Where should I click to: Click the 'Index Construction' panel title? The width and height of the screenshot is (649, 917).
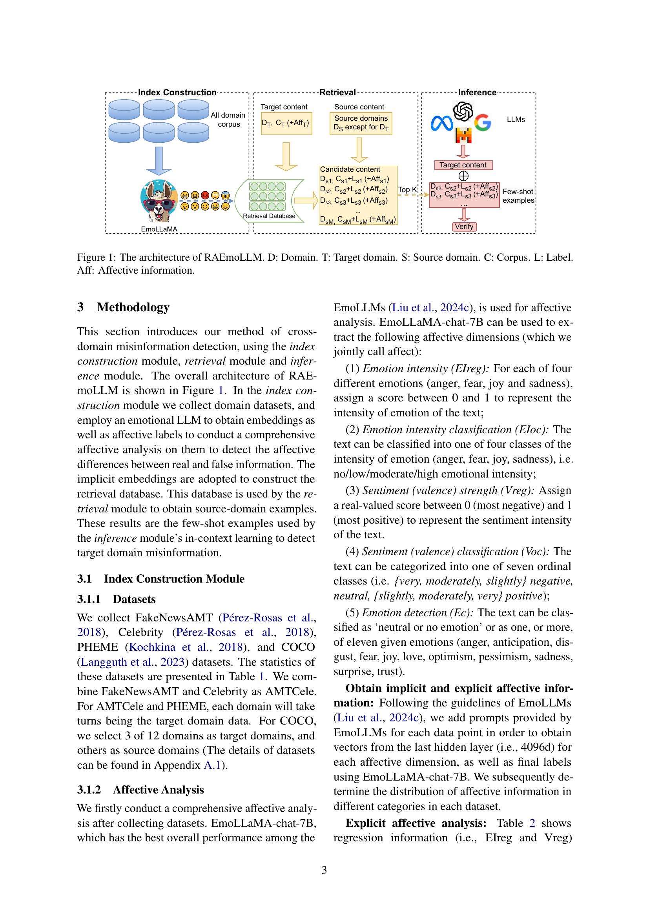177,92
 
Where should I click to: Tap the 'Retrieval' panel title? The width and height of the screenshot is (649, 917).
337,92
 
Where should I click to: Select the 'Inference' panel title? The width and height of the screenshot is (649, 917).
477,92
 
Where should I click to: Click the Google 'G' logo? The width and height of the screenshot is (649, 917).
483,123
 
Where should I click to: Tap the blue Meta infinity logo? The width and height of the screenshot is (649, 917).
441,123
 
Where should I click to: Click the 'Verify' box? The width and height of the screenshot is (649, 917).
464,227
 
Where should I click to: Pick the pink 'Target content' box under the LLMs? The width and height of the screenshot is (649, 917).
463,165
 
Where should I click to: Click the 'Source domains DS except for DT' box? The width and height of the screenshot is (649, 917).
361,123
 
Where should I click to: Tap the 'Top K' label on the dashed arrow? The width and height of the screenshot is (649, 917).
407,190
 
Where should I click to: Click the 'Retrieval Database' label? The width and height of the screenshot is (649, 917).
269,216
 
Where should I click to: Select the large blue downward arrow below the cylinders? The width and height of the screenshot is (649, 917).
159,161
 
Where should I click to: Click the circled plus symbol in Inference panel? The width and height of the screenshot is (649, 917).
463,176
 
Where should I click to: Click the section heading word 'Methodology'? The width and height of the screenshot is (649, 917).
133,307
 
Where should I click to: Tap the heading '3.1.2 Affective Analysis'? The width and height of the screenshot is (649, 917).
140,790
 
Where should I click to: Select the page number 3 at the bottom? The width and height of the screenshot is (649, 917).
324,870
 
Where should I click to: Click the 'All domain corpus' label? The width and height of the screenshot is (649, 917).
228,120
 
